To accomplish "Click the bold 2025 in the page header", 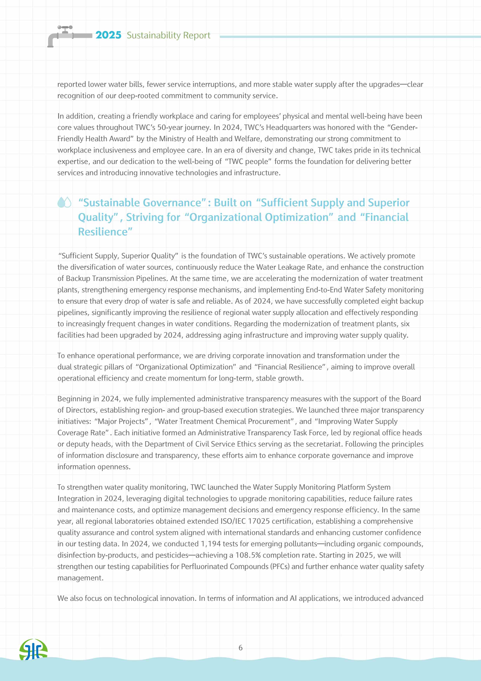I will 108,35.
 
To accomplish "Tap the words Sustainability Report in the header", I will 168,35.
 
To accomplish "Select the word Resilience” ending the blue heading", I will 105,232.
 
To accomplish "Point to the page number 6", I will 240,647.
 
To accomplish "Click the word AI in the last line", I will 293,598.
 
